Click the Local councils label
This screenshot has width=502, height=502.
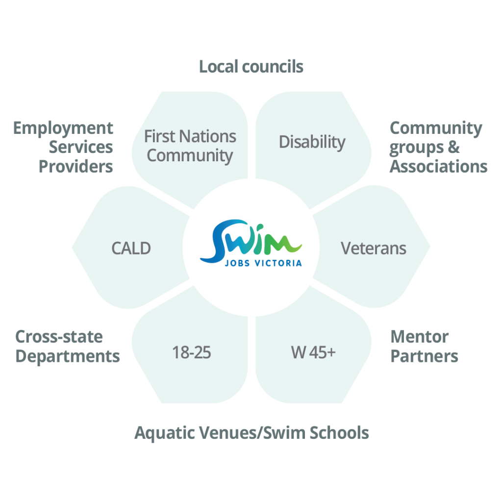(251, 66)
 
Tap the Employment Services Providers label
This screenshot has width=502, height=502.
(64, 147)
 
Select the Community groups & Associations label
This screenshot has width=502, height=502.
(438, 147)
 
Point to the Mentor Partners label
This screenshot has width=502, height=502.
(424, 346)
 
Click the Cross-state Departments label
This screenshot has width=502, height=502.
(68, 346)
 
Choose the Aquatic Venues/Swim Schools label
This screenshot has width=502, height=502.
(251, 433)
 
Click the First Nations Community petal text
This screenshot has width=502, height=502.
(190, 146)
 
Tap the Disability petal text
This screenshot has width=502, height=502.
(312, 142)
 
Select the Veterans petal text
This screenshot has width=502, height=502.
(374, 248)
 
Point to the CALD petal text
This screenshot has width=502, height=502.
(131, 248)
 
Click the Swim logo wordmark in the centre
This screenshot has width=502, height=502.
(251, 240)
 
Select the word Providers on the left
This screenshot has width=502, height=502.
(76, 166)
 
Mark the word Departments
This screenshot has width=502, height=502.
(68, 356)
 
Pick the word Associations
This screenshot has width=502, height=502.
(438, 166)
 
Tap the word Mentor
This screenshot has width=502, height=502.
(419, 337)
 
